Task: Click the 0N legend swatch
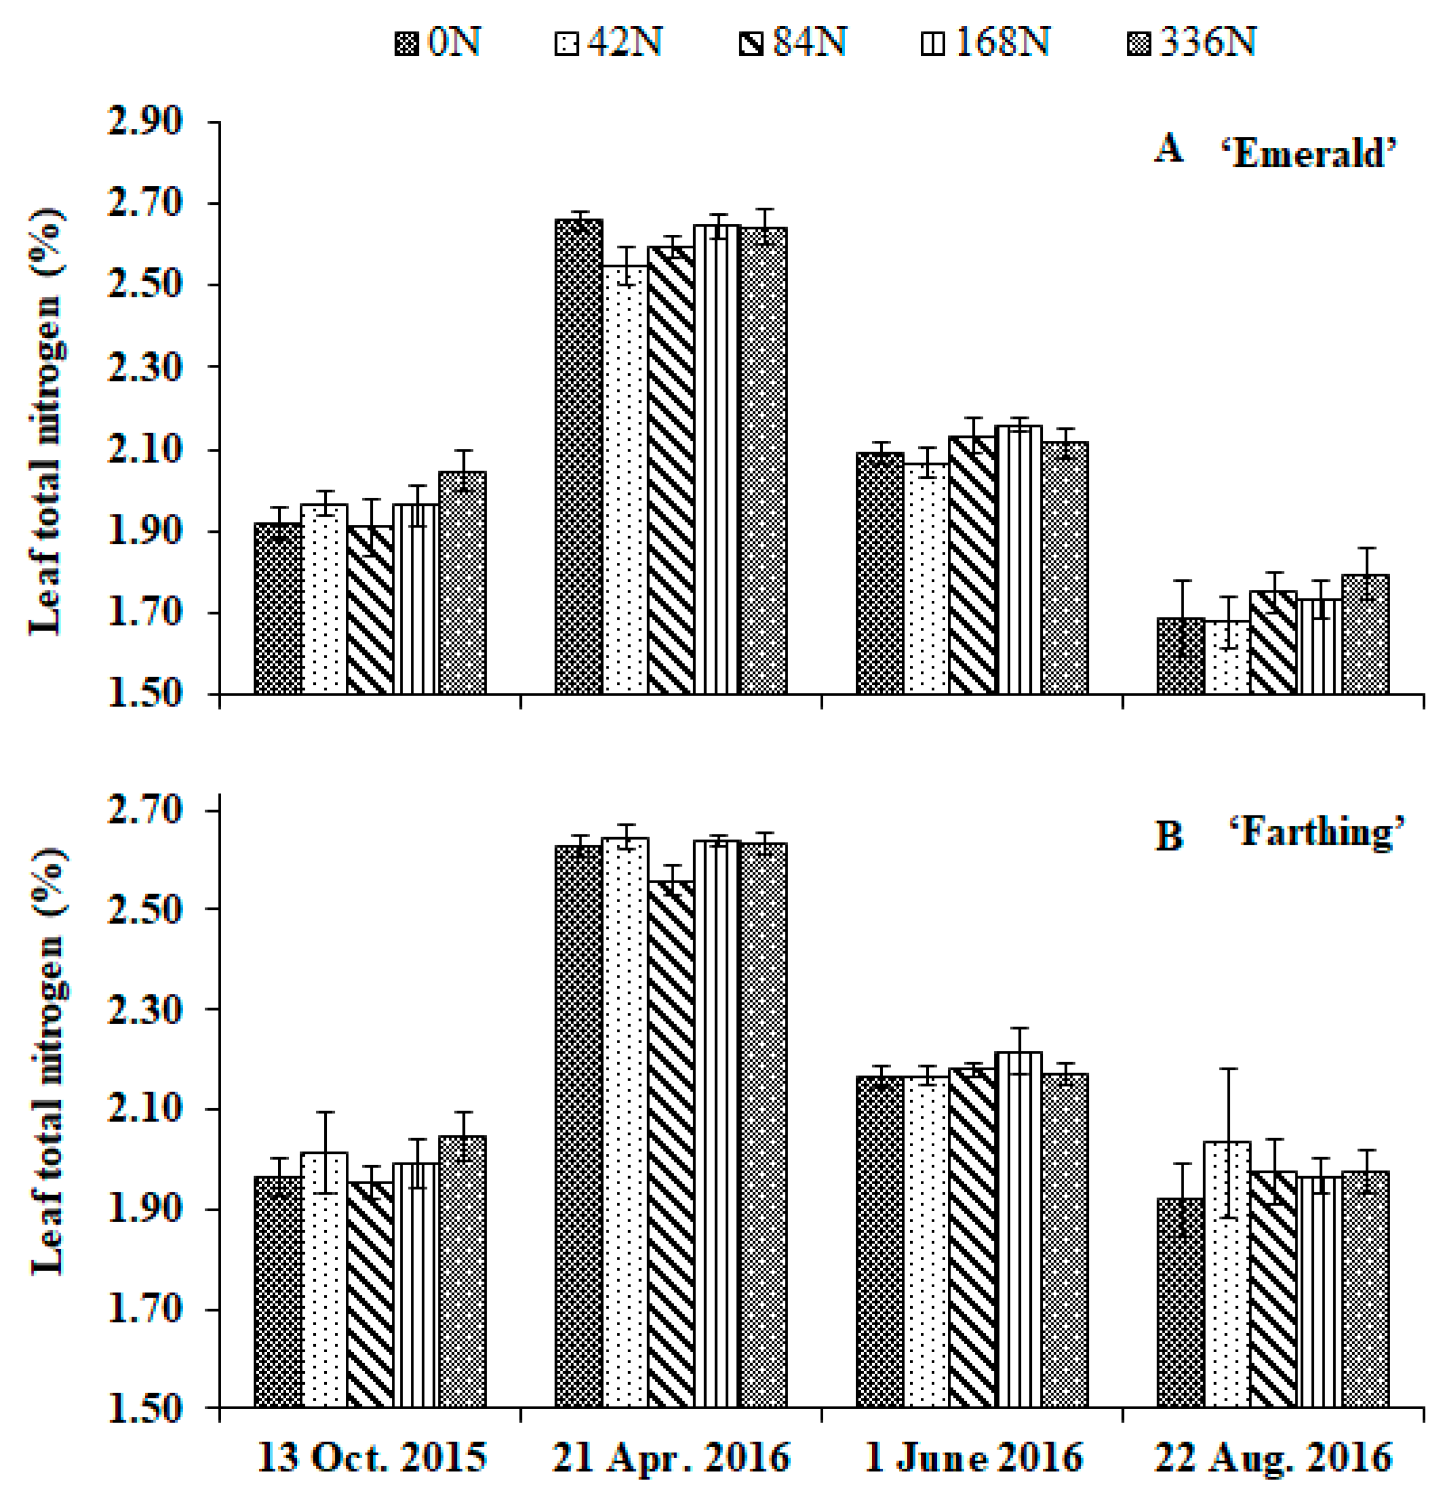(x=407, y=43)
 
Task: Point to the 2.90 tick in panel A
(x=145, y=121)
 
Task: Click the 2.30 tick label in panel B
(x=145, y=1010)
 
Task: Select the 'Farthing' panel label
(x=1317, y=832)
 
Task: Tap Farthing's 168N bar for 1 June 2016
(x=1018, y=1230)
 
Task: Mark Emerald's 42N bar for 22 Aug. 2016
(x=1227, y=658)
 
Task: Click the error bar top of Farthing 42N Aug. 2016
(x=1228, y=1069)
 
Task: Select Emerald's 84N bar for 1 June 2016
(x=973, y=565)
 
